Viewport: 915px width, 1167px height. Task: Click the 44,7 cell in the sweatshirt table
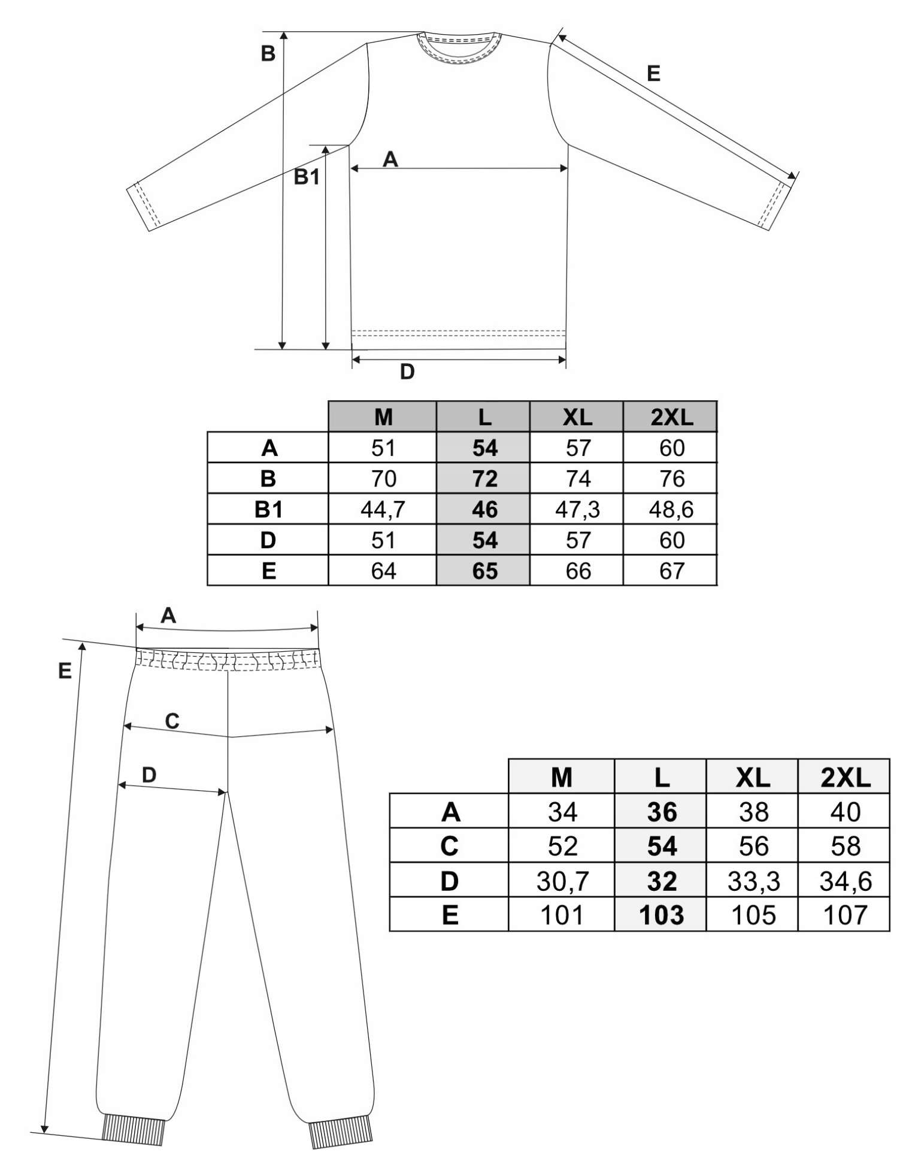[383, 509]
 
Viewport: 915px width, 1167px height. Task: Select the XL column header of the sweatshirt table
[577, 417]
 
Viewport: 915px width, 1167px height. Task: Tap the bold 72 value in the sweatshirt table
[484, 479]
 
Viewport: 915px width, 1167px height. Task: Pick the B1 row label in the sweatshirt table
[268, 509]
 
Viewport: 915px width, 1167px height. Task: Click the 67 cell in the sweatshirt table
[671, 571]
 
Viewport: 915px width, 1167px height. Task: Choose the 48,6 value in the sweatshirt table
[671, 509]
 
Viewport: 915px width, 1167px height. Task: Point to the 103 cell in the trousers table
[661, 915]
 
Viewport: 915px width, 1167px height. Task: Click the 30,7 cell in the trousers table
[562, 881]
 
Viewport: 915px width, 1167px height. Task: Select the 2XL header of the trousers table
[844, 778]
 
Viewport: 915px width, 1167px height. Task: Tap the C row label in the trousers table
[449, 846]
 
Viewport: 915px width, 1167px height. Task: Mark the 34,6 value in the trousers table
[844, 881]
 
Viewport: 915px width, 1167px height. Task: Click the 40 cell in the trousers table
[844, 812]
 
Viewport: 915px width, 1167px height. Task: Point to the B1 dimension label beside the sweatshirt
[306, 177]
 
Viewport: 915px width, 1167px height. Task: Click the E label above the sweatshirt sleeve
[653, 74]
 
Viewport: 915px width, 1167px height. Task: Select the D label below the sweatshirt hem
[407, 372]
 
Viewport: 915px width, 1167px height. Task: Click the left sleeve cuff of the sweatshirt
[144, 207]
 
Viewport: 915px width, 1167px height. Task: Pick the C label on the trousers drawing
[172, 721]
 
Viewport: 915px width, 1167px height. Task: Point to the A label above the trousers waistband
[168, 615]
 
